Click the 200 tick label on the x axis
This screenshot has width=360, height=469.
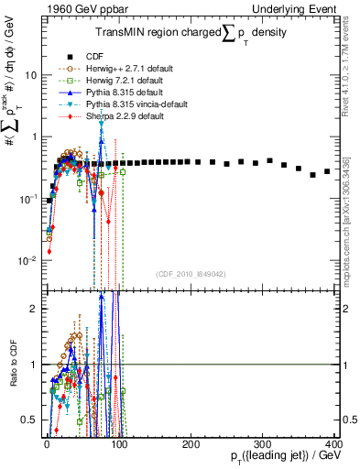190,444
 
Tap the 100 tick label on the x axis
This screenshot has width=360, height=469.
118,444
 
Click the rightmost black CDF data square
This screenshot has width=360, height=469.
327,171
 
